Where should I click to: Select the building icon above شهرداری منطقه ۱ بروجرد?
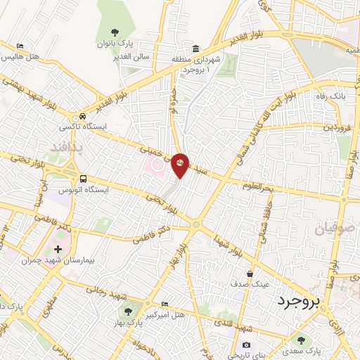(x=195, y=49)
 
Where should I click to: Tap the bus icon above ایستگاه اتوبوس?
(x=84, y=179)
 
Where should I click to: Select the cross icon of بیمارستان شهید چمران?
(x=58, y=249)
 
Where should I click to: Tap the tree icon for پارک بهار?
(x=127, y=310)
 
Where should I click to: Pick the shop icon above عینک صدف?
(x=250, y=274)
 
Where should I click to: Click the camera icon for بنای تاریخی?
(x=246, y=345)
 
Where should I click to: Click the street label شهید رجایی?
(x=103, y=289)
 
